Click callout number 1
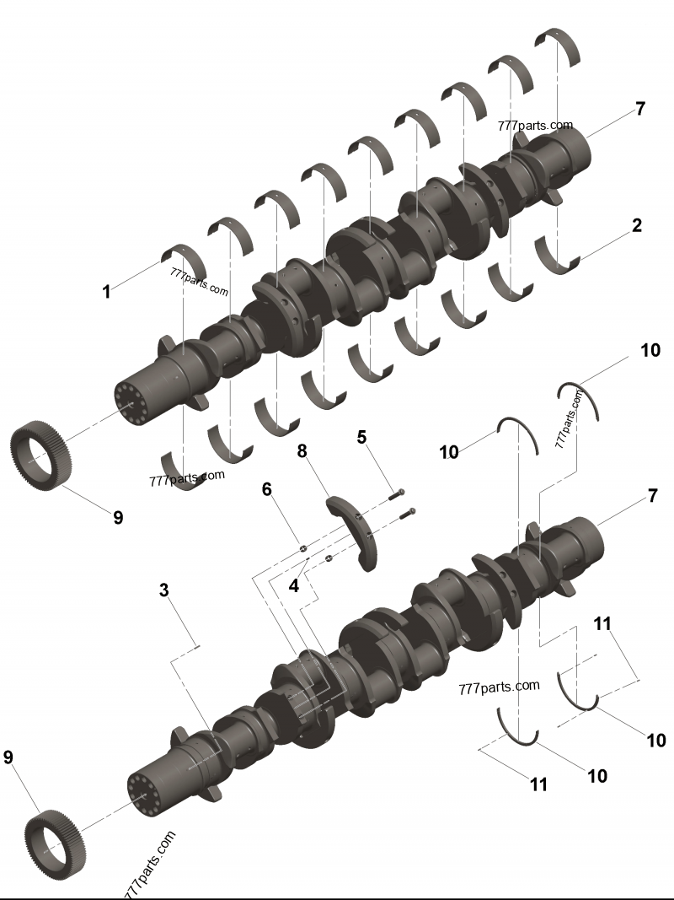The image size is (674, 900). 106,292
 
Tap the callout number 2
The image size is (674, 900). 636,225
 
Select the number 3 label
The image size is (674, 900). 164,590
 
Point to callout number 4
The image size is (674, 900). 294,586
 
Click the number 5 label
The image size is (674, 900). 361,437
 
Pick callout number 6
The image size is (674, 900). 266,489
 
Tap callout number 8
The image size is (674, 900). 302,451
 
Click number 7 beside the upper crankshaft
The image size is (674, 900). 640,109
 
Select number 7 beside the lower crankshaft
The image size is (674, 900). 652,495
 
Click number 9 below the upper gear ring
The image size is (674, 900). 117,517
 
